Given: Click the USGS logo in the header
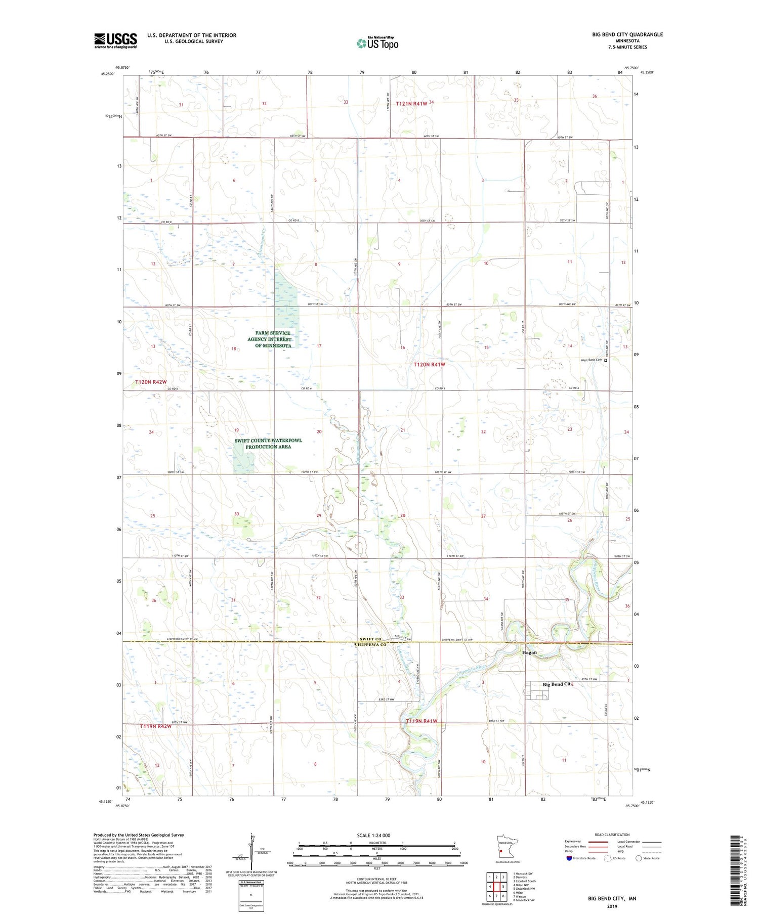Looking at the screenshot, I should click(x=115, y=40).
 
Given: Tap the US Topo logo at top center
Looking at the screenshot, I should click(x=377, y=43).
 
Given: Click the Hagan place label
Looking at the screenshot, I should click(x=529, y=652).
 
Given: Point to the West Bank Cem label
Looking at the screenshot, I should click(x=591, y=360).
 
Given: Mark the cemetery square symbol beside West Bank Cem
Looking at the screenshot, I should click(x=606, y=361).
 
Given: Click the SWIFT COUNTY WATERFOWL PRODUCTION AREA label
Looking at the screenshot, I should click(x=268, y=444).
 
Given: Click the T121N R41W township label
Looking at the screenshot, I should click(x=411, y=103).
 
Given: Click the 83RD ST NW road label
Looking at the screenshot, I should click(x=386, y=700).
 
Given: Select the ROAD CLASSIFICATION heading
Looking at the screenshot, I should click(x=612, y=835).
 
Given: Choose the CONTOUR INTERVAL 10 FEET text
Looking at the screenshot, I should click(x=376, y=879).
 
